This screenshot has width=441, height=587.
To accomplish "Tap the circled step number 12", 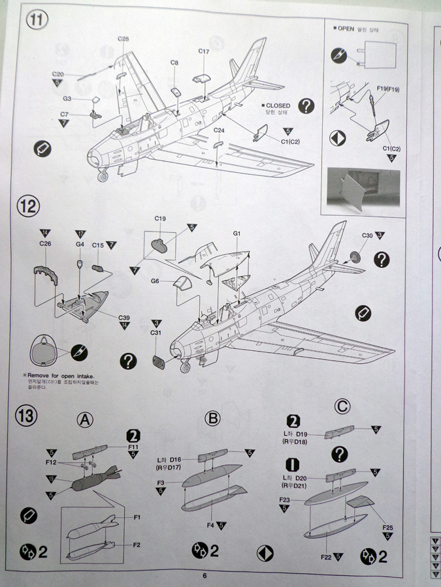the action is (30, 207).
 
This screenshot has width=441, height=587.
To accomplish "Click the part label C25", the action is (123, 39).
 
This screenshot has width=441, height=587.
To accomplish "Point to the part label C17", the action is (203, 52).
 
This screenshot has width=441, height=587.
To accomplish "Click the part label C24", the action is (220, 130).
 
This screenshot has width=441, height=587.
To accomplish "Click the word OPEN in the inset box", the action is (346, 29).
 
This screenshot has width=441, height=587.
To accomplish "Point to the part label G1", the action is (237, 233).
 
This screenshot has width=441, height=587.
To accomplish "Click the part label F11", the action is (133, 447).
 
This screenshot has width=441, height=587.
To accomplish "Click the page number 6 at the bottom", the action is (204, 575).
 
